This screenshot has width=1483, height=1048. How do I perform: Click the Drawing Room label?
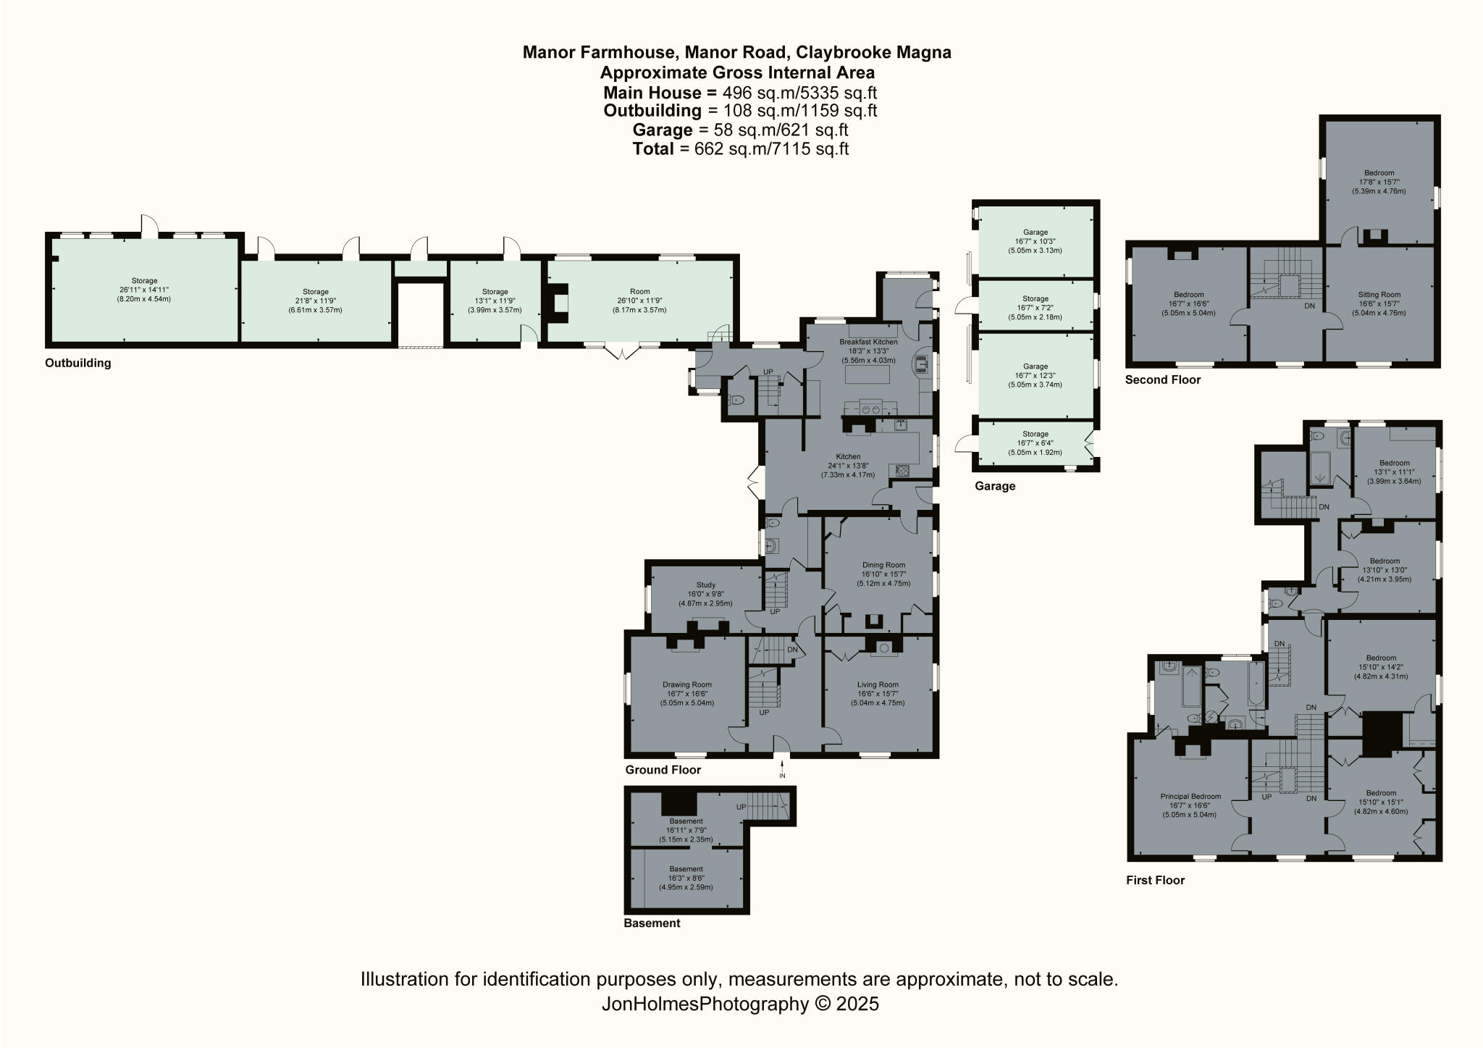(x=687, y=684)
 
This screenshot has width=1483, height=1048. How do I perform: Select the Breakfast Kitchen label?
(x=868, y=342)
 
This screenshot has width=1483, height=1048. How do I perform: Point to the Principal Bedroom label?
(x=1189, y=796)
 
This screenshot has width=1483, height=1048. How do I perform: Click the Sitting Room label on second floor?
(x=1379, y=295)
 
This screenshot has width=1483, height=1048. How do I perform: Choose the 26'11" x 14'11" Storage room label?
(x=144, y=281)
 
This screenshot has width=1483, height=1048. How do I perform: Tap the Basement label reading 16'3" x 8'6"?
(x=686, y=869)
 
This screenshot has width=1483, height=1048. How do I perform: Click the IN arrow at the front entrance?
(x=782, y=768)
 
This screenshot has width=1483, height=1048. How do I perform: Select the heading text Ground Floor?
(x=663, y=770)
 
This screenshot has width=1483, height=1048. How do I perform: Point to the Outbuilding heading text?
(x=78, y=363)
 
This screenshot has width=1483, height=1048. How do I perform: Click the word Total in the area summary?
(x=653, y=149)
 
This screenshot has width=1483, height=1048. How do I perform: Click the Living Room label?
(x=878, y=684)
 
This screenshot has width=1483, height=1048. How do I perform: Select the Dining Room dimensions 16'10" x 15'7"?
(x=883, y=574)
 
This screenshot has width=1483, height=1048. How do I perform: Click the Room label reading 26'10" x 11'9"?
(x=639, y=292)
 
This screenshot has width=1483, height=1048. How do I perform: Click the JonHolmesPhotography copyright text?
(x=740, y=1004)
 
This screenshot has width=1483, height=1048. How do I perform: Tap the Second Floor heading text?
(x=1163, y=380)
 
